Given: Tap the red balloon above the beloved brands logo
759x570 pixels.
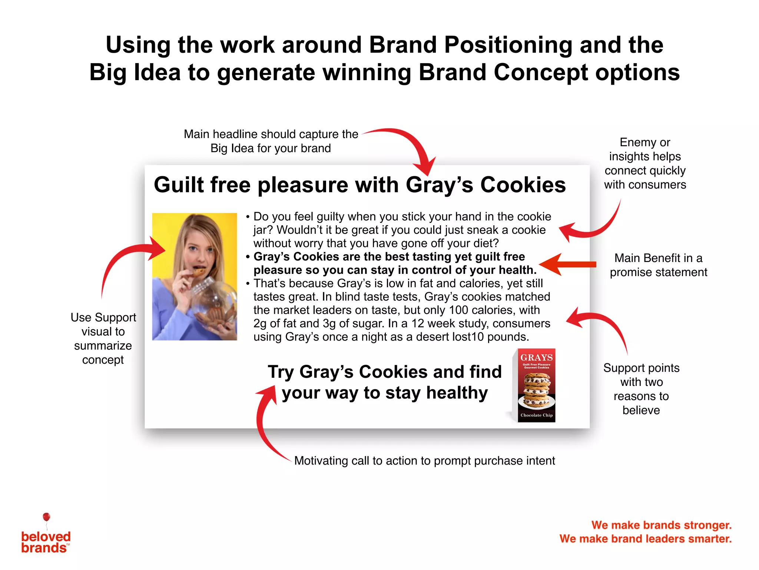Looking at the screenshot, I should (x=46, y=517).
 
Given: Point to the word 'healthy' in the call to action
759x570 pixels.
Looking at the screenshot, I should (x=457, y=393).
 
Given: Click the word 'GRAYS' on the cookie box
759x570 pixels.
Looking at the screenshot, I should (x=536, y=357).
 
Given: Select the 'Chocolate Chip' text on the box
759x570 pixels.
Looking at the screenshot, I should (x=536, y=415).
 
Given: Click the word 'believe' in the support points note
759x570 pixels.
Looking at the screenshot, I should (x=641, y=410).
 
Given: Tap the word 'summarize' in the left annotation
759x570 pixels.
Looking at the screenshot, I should (x=103, y=345).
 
